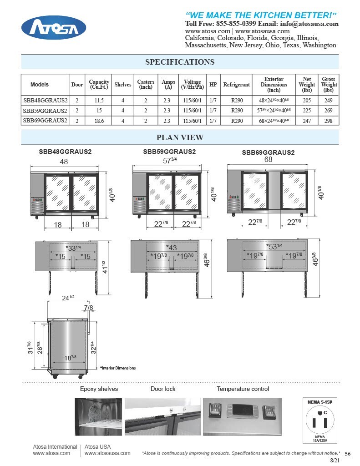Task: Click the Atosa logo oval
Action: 54,28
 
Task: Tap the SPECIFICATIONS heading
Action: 180,62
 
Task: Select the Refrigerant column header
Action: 237,85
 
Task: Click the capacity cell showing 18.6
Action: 99,121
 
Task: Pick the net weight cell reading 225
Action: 307,111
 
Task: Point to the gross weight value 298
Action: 329,121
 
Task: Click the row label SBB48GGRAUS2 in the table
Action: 45,101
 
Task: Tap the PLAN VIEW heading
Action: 180,137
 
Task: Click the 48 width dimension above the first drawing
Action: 64,162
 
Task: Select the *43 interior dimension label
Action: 171,248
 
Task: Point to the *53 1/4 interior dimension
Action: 274,246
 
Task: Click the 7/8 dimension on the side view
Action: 89,308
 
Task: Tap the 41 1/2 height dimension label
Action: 104,267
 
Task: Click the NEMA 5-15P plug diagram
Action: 320,420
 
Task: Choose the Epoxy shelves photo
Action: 98,417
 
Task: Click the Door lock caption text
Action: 163,389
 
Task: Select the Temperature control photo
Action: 242,417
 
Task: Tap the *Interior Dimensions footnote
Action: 118,368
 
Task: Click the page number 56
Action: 348,454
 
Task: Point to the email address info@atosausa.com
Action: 309,24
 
